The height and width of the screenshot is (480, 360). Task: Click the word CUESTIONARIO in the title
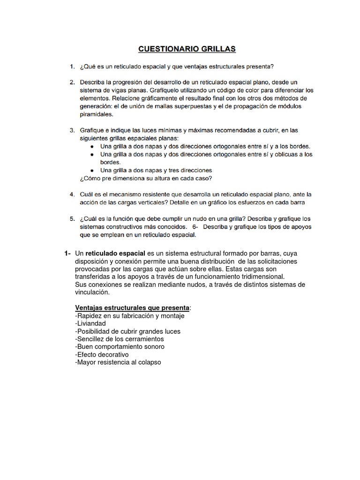point(165,48)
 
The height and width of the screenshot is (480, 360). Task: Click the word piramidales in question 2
point(96,114)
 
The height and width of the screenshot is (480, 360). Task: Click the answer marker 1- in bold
point(67,254)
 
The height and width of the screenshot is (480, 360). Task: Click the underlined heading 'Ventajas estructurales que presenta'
point(133,307)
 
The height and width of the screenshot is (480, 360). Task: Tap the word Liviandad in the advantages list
point(91,323)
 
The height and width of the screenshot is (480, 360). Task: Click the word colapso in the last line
point(148,362)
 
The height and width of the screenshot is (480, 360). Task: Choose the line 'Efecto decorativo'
point(102,354)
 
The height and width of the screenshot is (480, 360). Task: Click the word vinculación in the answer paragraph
point(91,292)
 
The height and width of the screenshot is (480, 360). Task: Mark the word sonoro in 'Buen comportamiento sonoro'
point(152,346)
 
